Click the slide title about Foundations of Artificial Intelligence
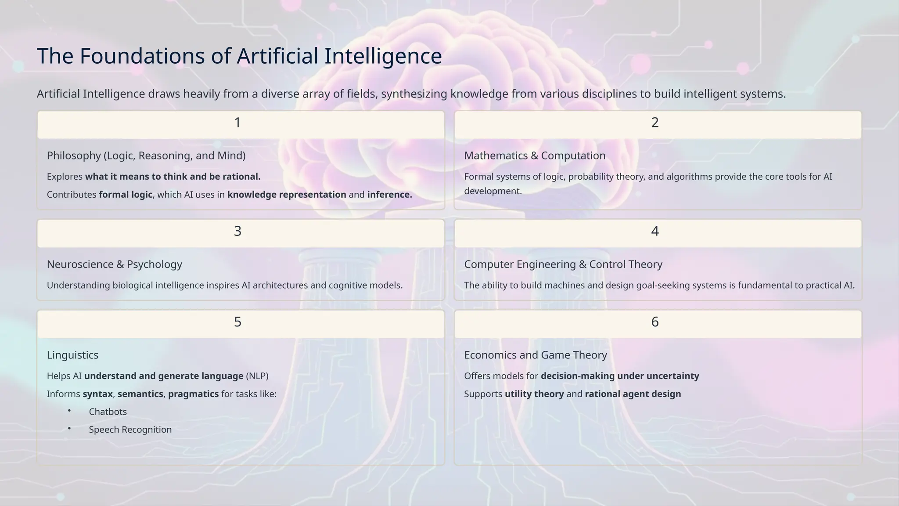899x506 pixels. (x=239, y=56)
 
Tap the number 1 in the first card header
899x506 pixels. (x=237, y=123)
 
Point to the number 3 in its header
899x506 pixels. (x=237, y=231)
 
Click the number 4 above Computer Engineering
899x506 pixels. (x=655, y=231)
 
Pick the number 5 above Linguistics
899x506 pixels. (x=237, y=322)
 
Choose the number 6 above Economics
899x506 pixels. (x=655, y=322)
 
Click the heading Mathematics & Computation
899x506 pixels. (x=535, y=155)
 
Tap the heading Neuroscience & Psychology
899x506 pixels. (x=115, y=264)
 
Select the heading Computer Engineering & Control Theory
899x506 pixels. (x=563, y=264)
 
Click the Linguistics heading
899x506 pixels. (x=72, y=355)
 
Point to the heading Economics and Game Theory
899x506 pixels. (x=536, y=355)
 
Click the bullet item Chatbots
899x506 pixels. (x=108, y=412)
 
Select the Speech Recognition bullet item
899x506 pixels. (x=130, y=430)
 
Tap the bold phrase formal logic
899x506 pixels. (x=126, y=195)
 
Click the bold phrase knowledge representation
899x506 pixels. (x=287, y=195)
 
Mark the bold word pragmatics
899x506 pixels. (x=193, y=394)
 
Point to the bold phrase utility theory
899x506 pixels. (x=534, y=394)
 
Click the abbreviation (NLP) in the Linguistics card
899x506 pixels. (x=257, y=376)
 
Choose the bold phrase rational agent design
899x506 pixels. (x=633, y=394)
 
